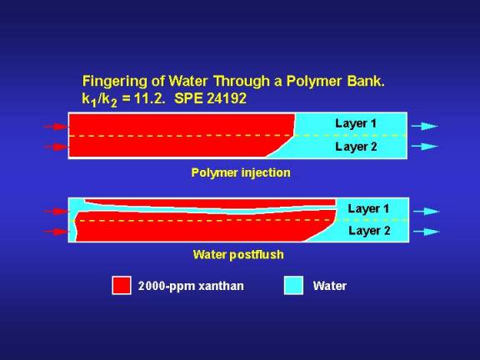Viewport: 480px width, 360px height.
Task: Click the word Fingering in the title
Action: coord(115,82)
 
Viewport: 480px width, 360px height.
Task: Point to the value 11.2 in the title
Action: coord(149,98)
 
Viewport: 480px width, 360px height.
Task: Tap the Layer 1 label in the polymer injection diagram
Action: coord(356,123)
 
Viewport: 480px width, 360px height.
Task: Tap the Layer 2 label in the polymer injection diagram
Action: coord(356,147)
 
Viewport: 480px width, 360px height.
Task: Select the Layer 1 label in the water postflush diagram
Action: coord(368,209)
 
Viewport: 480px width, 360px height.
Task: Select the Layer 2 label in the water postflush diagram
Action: coord(369,231)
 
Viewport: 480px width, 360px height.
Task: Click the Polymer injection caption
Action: coord(241,173)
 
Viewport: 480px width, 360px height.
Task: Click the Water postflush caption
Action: coord(238,255)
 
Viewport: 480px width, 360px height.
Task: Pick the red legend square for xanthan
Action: coord(122,285)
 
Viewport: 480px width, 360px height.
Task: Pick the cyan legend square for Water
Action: coord(293,285)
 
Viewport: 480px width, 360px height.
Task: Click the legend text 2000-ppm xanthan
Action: coord(191,286)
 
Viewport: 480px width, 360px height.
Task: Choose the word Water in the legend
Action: coord(330,286)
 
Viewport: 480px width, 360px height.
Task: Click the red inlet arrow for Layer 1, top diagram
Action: coord(55,127)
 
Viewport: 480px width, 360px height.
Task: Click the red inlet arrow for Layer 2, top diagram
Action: coord(55,147)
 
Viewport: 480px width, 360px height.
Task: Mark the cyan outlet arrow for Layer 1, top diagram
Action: coord(425,126)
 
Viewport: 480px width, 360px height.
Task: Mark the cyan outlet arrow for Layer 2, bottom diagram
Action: coord(427,232)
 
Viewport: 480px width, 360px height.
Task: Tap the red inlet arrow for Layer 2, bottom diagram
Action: coord(55,232)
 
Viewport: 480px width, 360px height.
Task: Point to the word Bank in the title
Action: coord(366,82)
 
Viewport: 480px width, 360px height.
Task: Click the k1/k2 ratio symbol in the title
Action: coord(99,100)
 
